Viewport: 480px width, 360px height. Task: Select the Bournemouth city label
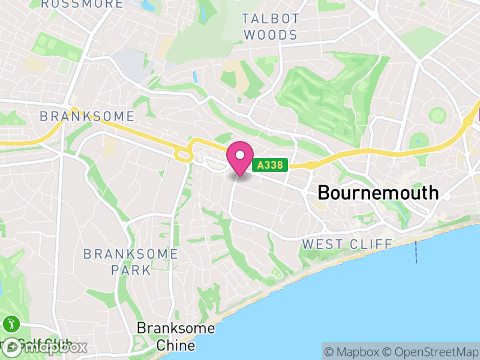tap(378, 193)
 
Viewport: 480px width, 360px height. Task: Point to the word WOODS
tap(271, 35)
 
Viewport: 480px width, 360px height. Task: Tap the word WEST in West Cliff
tap(322, 244)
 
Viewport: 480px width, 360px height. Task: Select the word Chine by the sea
tap(175, 346)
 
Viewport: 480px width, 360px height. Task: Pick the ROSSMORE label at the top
tap(82, 4)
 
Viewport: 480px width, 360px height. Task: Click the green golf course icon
tap(11, 325)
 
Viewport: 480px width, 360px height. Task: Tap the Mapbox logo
tap(45, 347)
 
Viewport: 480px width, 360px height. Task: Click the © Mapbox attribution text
tap(352, 352)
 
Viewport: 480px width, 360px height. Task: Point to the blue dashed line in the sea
tap(416, 251)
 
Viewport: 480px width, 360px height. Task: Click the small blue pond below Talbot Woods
tap(194, 77)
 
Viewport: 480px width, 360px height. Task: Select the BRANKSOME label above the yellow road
tap(87, 116)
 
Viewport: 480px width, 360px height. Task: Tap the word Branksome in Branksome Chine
tap(175, 328)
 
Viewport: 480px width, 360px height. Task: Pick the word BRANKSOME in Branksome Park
tap(131, 254)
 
